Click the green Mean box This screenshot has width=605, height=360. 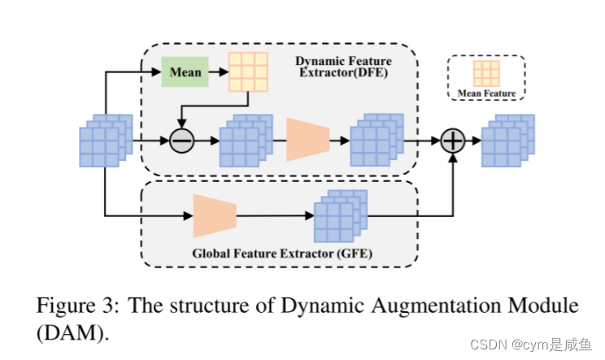point(185,72)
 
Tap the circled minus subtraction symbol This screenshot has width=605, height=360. point(181,141)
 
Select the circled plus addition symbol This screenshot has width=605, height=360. point(453,141)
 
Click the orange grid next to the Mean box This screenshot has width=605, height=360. point(247,72)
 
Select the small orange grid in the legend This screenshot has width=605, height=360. point(486,74)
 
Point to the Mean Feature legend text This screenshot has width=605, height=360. point(487,93)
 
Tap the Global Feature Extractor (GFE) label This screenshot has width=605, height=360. point(282,254)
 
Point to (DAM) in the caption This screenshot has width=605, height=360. point(73,333)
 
